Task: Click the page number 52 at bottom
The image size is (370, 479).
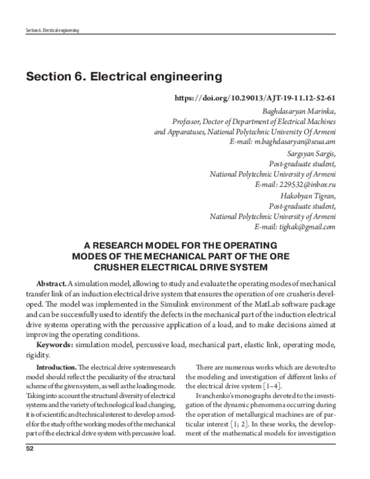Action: coord(29,466)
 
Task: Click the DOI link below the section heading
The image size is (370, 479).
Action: coord(255,98)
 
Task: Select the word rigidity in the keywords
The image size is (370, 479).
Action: coord(37,354)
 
